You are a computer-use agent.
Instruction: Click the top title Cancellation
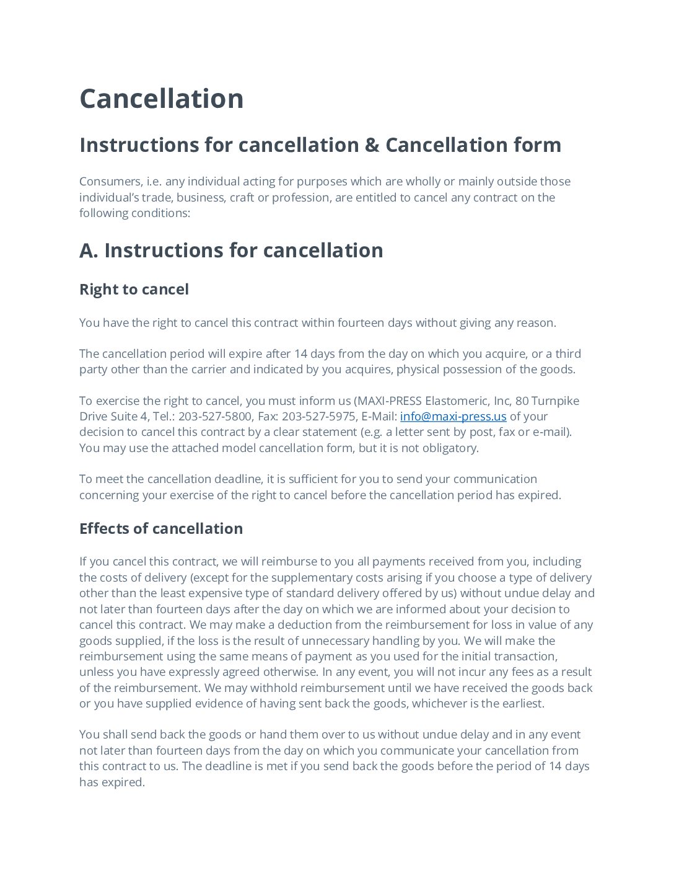(161, 99)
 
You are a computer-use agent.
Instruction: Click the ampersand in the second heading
(372, 145)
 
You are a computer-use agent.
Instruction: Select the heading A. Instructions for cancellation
(231, 250)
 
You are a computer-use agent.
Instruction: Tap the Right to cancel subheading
(134, 290)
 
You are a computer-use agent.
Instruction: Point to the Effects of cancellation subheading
(161, 529)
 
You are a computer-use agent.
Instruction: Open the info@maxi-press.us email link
(453, 417)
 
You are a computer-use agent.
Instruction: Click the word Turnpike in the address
(555, 401)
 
